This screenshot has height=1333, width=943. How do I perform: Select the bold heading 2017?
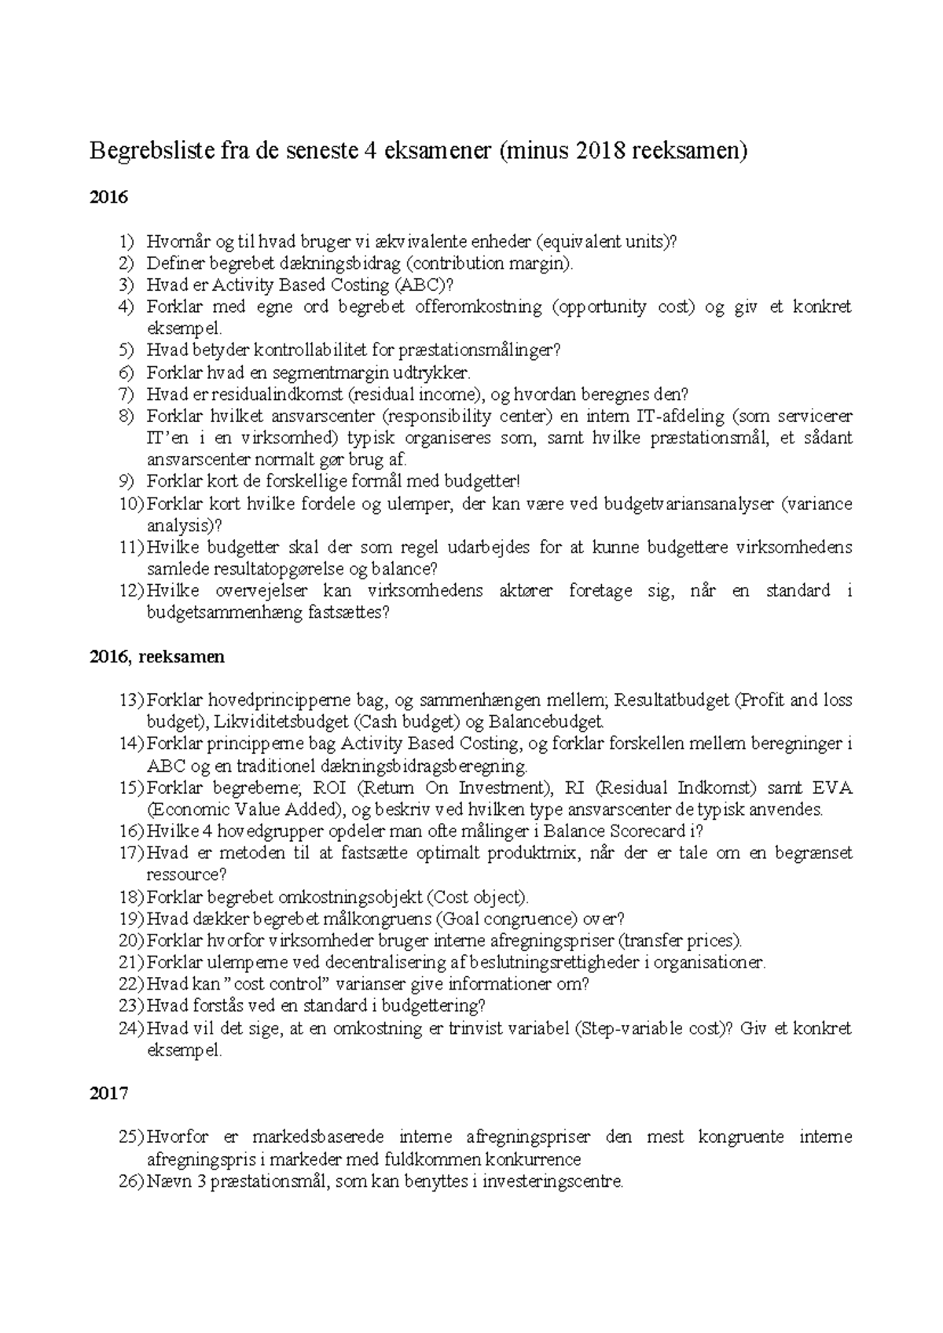(x=108, y=1093)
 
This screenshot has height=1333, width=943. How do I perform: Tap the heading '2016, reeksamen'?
(x=157, y=657)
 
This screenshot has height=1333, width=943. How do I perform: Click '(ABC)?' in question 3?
(x=424, y=285)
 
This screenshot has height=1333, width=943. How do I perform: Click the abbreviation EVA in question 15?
(x=832, y=788)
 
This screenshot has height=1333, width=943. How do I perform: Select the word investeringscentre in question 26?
(x=554, y=1181)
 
